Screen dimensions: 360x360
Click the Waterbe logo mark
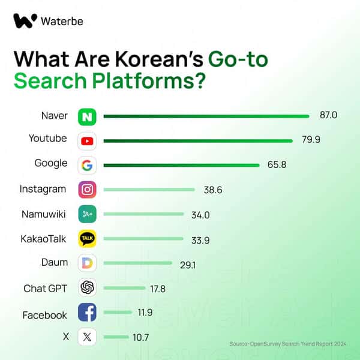[x=25, y=22]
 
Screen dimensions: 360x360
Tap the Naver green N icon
[x=88, y=116]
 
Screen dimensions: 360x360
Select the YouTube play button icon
[x=88, y=141]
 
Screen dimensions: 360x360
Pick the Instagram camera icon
[x=88, y=190]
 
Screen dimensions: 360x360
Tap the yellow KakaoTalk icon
[x=88, y=239]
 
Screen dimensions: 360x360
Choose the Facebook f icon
[x=88, y=313]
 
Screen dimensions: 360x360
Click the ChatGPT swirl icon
[x=88, y=288]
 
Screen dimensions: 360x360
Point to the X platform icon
[x=88, y=337]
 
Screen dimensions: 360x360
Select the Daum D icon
[x=88, y=263]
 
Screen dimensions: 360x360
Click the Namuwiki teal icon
[x=88, y=214]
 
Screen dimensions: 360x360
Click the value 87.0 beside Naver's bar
[x=328, y=115]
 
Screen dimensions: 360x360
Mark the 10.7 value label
[x=140, y=338]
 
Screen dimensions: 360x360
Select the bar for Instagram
[x=149, y=190]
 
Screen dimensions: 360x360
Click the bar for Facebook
[x=118, y=313]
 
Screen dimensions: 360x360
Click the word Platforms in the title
[x=140, y=80]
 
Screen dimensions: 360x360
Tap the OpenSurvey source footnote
[x=288, y=344]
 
